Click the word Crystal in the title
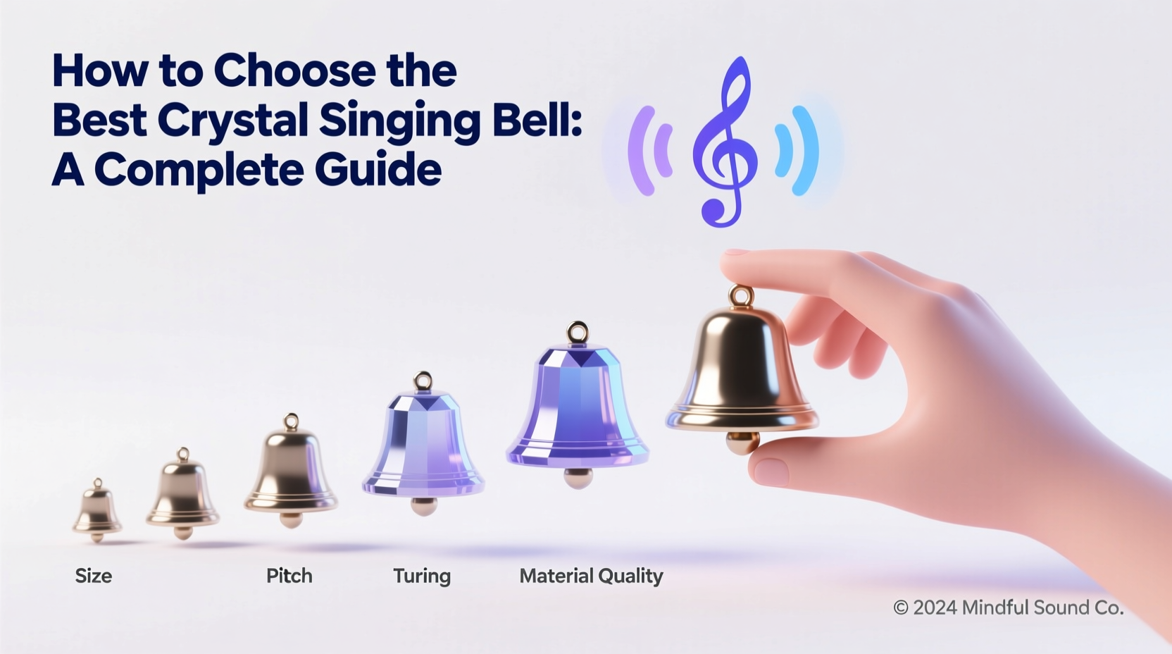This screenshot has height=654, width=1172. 232,120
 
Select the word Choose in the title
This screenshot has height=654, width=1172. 295,70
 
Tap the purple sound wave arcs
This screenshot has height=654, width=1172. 649,150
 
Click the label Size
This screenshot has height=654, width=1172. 94,576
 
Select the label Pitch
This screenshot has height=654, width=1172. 289,576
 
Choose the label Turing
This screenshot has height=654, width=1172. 421,576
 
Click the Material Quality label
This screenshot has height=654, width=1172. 591,576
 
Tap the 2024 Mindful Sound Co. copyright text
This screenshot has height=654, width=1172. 1008,607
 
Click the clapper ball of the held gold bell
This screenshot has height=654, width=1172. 742,443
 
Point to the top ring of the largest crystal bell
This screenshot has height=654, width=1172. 577,332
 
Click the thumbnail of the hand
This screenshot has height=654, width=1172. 771,471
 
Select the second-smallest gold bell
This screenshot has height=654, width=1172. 183,493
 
